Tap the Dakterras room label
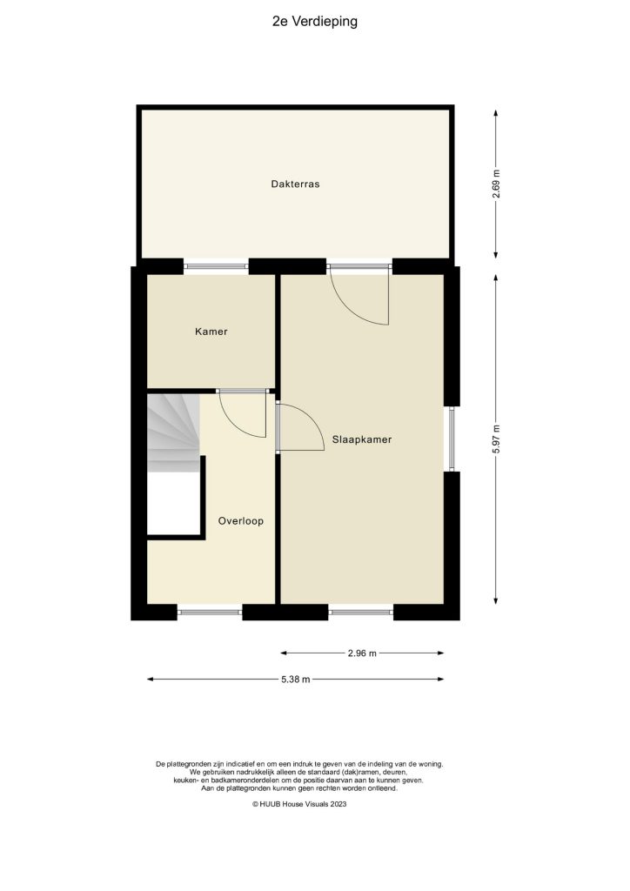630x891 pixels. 295,184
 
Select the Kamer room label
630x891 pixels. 211,332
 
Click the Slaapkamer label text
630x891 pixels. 361,440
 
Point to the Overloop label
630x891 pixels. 240,521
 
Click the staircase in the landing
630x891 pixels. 172,432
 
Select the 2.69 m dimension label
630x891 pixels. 496,184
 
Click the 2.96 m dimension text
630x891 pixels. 361,653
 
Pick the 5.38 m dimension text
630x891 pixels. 295,680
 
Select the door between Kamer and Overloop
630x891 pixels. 242,412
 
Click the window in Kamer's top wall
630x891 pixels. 216,265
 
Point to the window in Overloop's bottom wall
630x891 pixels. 210,613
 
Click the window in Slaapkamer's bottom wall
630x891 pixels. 361,613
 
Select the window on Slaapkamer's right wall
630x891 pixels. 451,439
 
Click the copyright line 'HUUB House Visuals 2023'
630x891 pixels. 300,805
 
